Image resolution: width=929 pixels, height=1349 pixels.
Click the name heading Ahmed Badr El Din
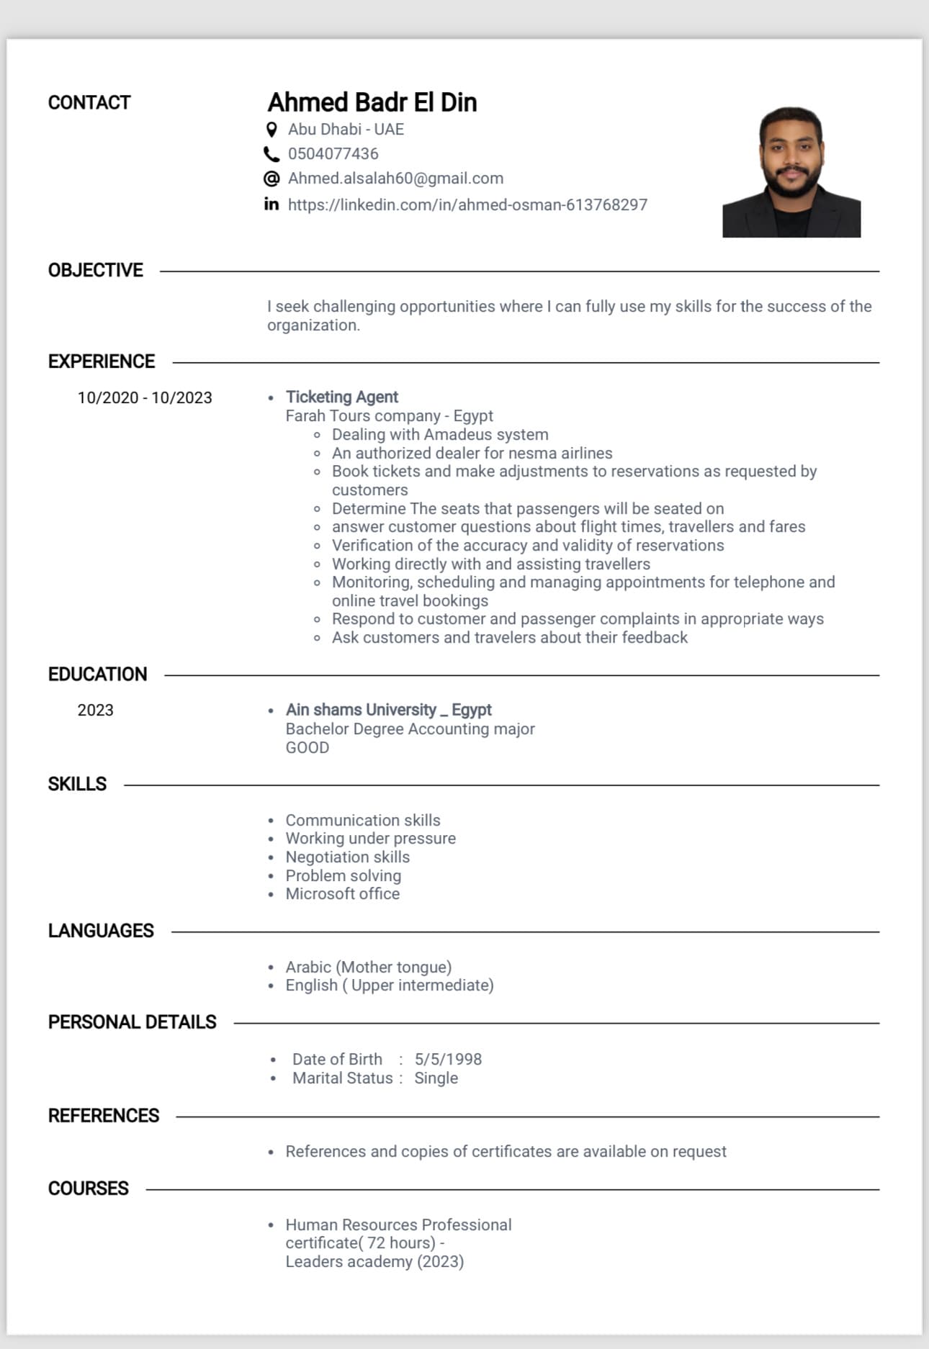372,102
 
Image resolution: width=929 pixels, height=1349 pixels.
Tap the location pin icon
271,130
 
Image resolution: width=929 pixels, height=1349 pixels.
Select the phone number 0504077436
333,154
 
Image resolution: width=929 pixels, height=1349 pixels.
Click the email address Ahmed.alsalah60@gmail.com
395,179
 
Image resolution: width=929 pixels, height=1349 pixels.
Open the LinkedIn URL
467,205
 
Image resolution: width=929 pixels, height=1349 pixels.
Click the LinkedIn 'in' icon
271,204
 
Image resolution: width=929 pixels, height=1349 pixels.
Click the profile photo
791,173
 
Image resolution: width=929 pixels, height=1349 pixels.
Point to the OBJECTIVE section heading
95,271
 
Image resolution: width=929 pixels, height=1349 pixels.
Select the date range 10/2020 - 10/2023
145,398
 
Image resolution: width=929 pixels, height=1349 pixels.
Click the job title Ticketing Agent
341,397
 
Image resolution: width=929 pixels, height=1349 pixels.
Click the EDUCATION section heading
97,674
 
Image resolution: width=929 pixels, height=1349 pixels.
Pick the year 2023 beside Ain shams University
95,710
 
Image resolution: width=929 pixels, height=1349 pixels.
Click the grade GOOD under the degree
307,748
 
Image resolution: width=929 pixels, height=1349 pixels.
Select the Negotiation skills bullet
347,857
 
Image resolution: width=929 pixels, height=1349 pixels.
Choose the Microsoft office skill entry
342,894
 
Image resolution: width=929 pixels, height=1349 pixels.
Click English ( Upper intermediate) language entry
389,985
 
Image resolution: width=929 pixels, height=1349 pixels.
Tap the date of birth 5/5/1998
448,1060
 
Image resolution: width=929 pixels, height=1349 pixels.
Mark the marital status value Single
436,1078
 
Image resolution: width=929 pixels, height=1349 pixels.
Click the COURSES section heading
88,1188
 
